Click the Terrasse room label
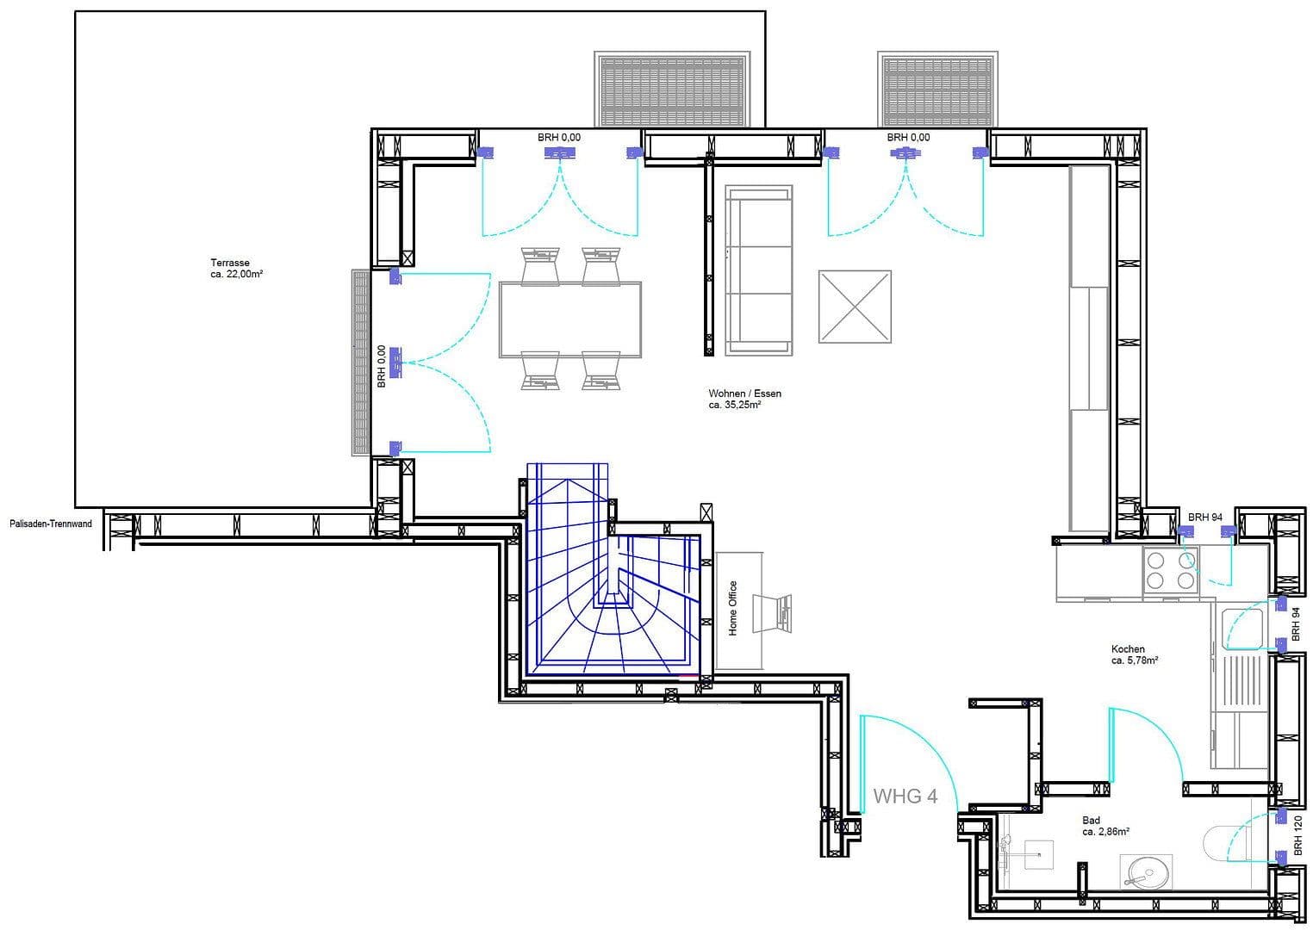point(230,263)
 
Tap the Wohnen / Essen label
point(744,394)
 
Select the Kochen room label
point(1128,649)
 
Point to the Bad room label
point(1091,821)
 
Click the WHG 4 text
point(905,797)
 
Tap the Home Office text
point(733,608)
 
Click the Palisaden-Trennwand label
point(51,524)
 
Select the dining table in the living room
point(569,319)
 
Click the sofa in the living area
point(758,270)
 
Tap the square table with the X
point(854,306)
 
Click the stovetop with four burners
point(1170,570)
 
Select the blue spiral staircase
point(612,586)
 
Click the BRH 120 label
point(1297,834)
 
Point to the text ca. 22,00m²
point(236,274)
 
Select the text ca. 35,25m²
point(734,404)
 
